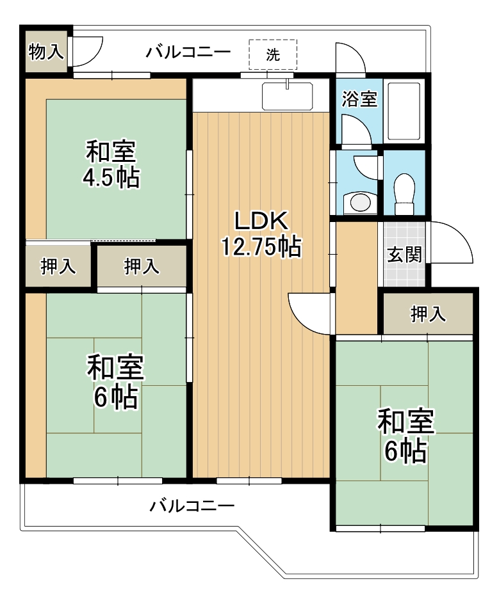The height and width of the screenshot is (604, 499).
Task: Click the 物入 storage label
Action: point(46,51)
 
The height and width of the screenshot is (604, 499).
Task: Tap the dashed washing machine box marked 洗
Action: point(273,54)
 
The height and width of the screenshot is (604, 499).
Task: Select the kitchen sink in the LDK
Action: point(287,97)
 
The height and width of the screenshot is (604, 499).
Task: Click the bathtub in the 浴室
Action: point(404,111)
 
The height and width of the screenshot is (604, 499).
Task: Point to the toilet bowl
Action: point(404,193)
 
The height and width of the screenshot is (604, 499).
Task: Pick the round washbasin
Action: point(360,203)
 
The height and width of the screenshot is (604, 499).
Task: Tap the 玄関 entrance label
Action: point(405,255)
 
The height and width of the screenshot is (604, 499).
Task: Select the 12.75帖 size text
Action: point(261,246)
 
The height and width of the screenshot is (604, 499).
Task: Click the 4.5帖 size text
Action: point(111,178)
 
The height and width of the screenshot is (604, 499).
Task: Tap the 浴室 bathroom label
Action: point(359,99)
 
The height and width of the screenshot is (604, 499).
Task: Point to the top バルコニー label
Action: point(188,51)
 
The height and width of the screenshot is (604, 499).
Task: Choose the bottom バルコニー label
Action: point(192,505)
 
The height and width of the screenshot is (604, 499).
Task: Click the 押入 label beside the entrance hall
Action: point(428,314)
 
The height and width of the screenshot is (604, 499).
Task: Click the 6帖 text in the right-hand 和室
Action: point(405,451)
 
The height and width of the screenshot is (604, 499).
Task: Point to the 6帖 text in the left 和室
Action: point(116,397)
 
